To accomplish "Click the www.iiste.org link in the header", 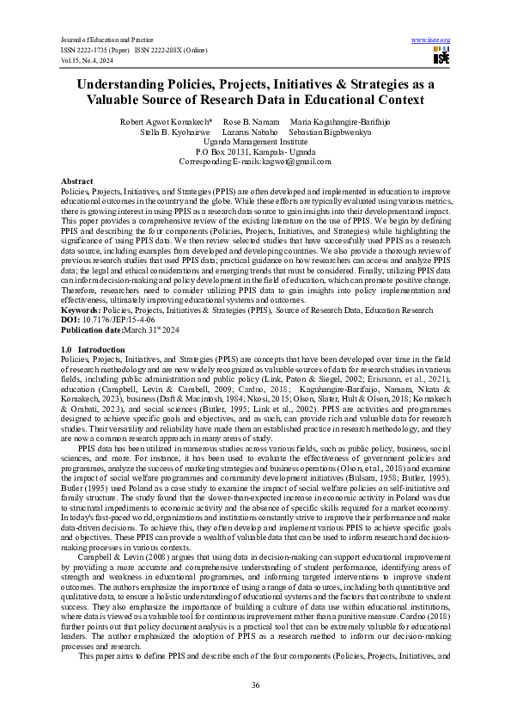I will tap(431, 40).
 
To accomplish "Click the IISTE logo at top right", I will tap(441, 57).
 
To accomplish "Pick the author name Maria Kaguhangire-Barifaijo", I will tap(339, 123).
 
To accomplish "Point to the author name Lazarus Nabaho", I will tap(250, 133).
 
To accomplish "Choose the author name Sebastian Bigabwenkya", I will tap(330, 133).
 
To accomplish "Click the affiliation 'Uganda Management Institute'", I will tap(255, 143).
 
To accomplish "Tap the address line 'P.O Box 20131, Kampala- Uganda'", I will tap(255, 152).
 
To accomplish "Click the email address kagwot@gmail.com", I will tap(297, 162).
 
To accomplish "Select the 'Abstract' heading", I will tap(77, 182).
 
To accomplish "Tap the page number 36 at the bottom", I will tap(255, 684).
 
